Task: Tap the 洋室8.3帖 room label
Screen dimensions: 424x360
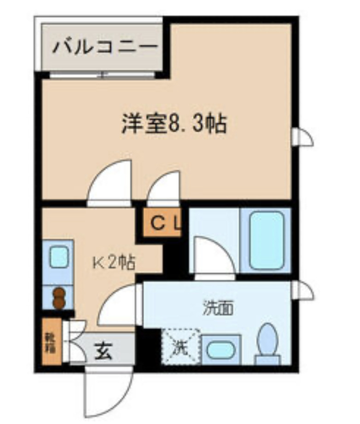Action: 174,124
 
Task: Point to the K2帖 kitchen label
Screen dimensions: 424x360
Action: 114,263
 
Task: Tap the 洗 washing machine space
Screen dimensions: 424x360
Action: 180,347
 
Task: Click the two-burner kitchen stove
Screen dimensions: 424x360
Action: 58,297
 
